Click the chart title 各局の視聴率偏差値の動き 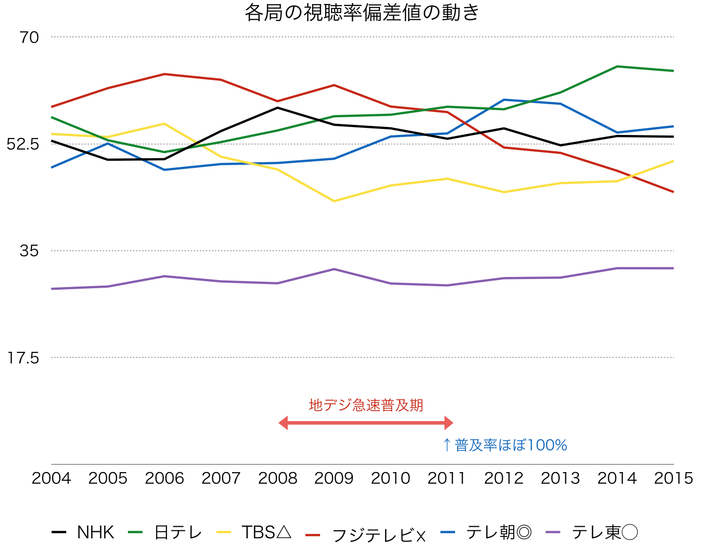[362, 13]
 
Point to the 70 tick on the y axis [29, 37]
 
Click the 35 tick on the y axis [29, 251]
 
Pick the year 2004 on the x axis [51, 478]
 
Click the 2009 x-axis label [334, 478]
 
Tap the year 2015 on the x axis [673, 478]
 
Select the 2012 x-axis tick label [504, 478]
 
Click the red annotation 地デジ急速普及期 [366, 405]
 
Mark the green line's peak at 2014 [617, 66]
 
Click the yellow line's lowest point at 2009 [334, 201]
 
